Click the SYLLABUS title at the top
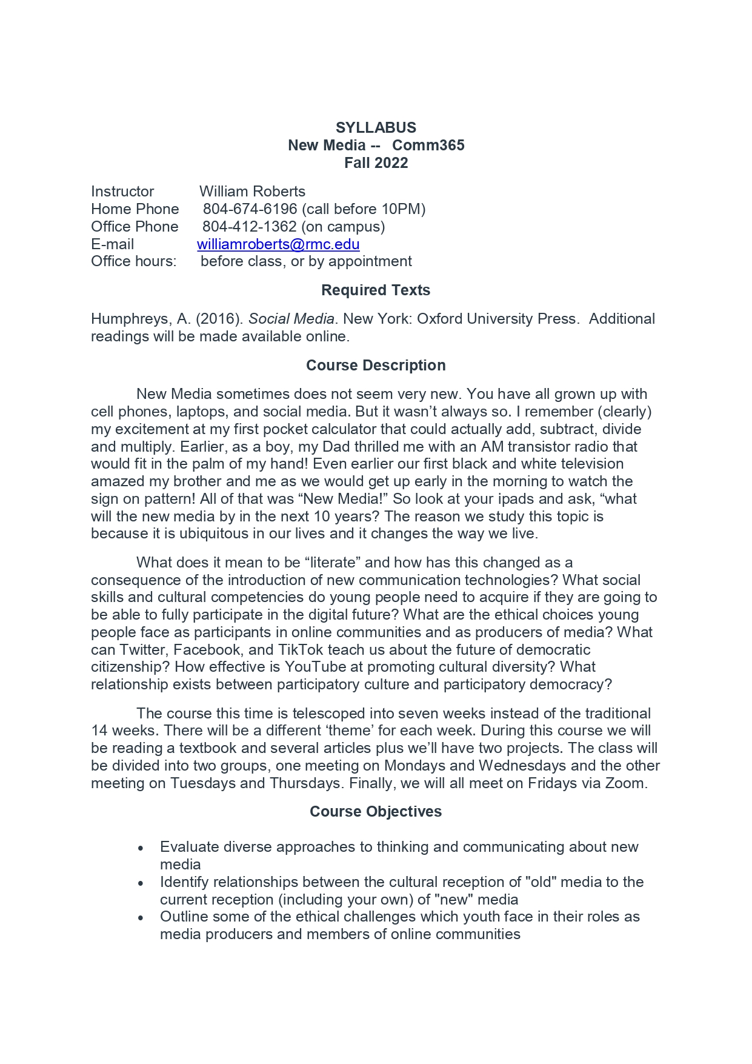point(376,128)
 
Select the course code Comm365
point(428,146)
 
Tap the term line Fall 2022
point(376,163)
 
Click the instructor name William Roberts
point(252,192)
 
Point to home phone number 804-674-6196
point(250,209)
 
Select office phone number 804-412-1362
point(249,227)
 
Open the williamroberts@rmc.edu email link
point(278,244)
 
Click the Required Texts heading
point(376,290)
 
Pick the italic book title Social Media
point(291,319)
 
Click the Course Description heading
point(376,366)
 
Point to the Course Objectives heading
point(376,812)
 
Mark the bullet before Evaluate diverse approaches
point(141,848)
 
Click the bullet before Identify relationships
point(141,883)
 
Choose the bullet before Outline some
point(141,918)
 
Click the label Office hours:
point(134,261)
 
